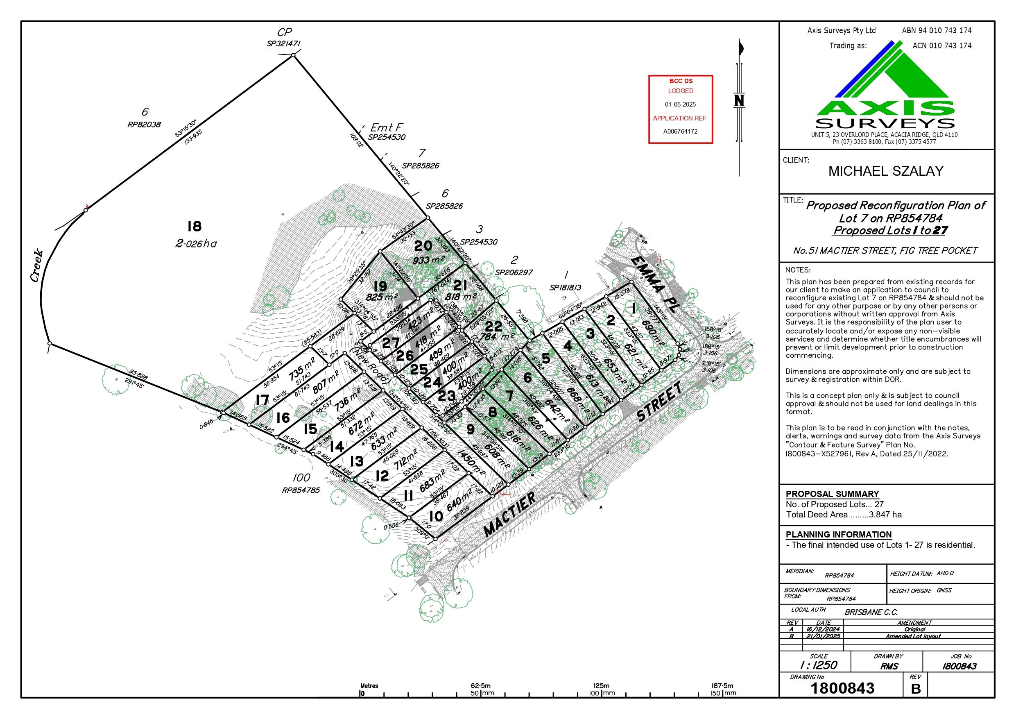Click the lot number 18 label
(x=194, y=227)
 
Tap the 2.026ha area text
(x=196, y=243)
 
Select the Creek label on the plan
(x=38, y=265)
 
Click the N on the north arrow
(x=739, y=101)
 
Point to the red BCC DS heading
(x=681, y=81)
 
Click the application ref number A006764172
(x=681, y=132)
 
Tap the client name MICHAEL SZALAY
(x=886, y=171)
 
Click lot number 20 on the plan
(x=423, y=246)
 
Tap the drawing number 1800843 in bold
(x=842, y=688)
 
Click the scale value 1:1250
(x=819, y=665)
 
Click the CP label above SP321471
(x=285, y=33)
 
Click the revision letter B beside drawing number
(x=916, y=688)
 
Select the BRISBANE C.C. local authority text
(x=871, y=613)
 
